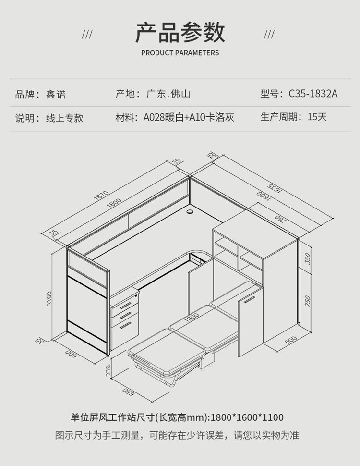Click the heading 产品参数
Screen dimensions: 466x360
pos(180,32)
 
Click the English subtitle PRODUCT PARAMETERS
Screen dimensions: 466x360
pos(180,53)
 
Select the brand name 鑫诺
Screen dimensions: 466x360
pos(56,94)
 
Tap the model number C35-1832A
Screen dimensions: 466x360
pos(313,93)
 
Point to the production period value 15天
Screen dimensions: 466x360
pos(317,117)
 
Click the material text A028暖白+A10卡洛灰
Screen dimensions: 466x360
pos(189,117)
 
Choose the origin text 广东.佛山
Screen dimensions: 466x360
pos(168,94)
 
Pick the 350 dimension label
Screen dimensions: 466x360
pos(308,258)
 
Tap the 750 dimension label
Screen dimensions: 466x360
pos(308,301)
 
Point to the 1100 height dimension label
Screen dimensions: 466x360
pos(48,298)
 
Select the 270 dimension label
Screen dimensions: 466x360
pos(108,369)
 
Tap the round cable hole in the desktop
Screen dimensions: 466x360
pos(190,210)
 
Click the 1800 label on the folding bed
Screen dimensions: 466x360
pos(192,317)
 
